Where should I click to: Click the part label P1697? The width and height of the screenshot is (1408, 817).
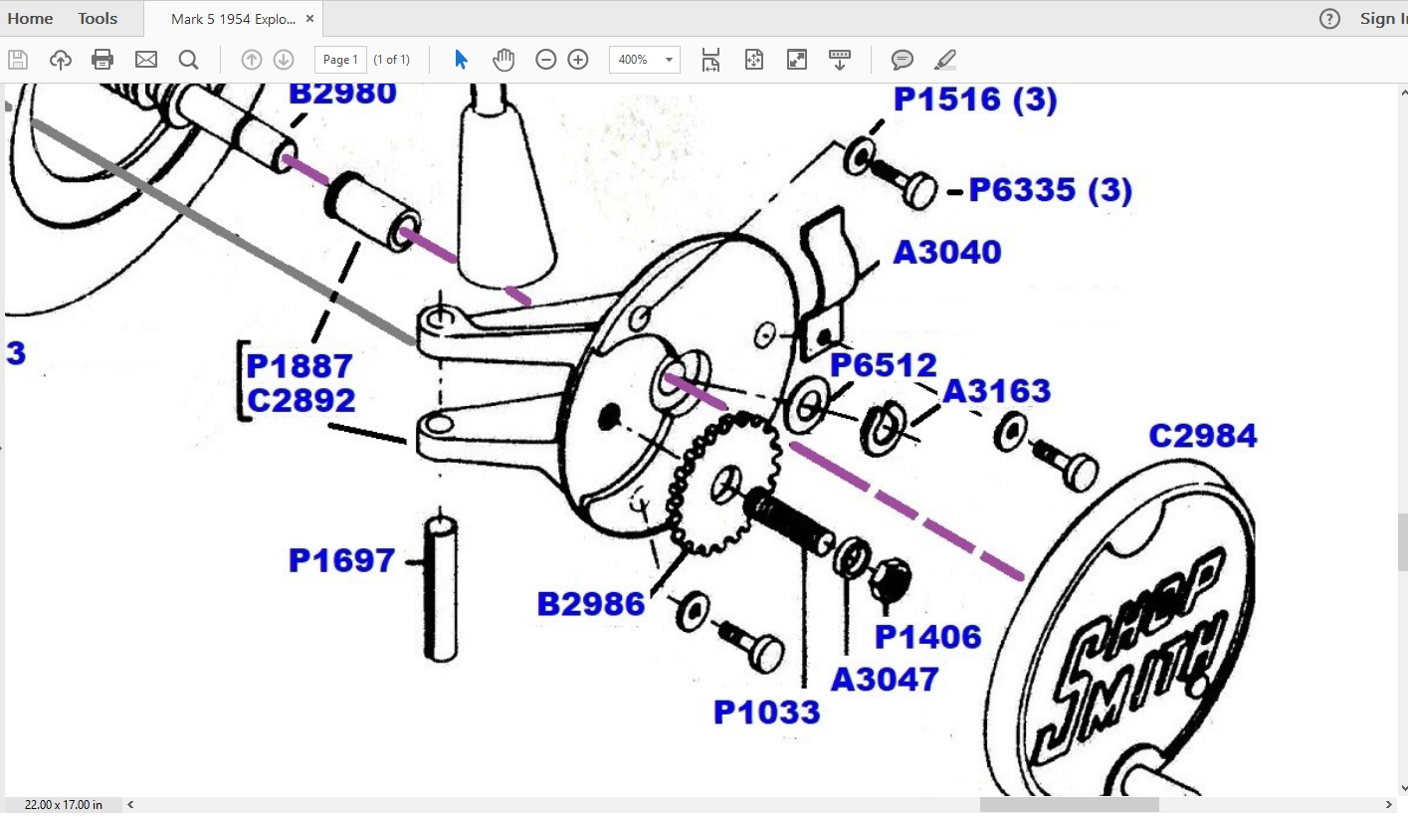[341, 560]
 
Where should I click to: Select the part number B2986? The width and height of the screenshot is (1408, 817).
[591, 604]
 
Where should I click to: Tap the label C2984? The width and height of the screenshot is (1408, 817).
[1202, 436]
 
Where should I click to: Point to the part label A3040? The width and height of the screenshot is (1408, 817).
[946, 252]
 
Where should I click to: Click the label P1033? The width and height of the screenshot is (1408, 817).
[767, 713]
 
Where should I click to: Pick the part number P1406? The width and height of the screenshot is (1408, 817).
[927, 637]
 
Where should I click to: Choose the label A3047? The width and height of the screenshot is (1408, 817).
[885, 680]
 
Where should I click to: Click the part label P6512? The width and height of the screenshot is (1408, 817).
[884, 364]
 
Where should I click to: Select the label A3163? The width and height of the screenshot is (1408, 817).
[996, 391]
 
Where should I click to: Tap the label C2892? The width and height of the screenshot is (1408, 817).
[302, 400]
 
